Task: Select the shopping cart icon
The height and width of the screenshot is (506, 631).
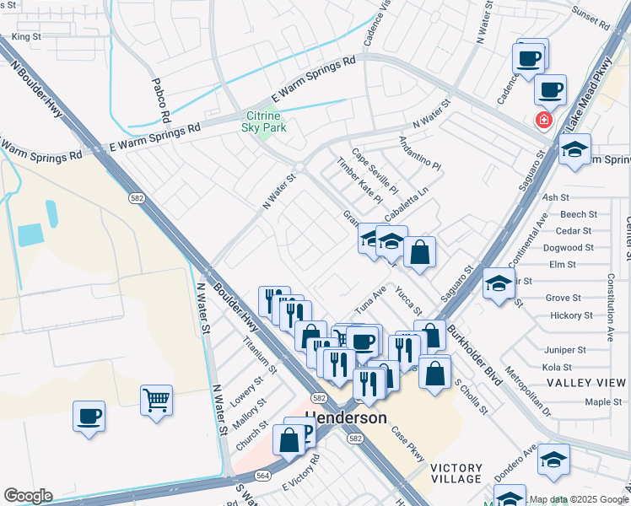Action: [x=157, y=400]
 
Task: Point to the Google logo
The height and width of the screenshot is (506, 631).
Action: [x=28, y=496]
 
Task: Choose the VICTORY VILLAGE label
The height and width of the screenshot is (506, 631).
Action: [x=456, y=473]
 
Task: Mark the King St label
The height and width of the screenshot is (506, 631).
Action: [x=26, y=37]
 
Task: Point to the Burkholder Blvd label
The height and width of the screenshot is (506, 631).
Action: [x=474, y=354]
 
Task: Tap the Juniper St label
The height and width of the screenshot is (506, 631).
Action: [x=564, y=350]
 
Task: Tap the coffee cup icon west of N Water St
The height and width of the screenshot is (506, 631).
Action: [x=89, y=416]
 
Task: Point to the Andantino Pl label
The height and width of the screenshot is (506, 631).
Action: [x=420, y=154]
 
